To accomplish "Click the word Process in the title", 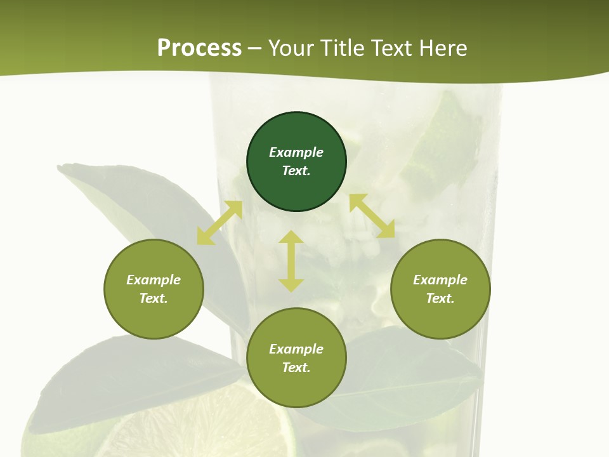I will [x=199, y=48].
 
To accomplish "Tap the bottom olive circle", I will [x=296, y=387].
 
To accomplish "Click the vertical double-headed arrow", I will [x=291, y=261].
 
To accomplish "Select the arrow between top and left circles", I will [x=219, y=223].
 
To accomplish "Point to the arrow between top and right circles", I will [x=372, y=216].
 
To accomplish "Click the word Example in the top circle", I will [x=296, y=152].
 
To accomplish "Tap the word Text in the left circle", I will [x=154, y=298].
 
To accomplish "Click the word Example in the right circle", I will [x=440, y=280].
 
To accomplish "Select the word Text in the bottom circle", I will [x=296, y=368].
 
